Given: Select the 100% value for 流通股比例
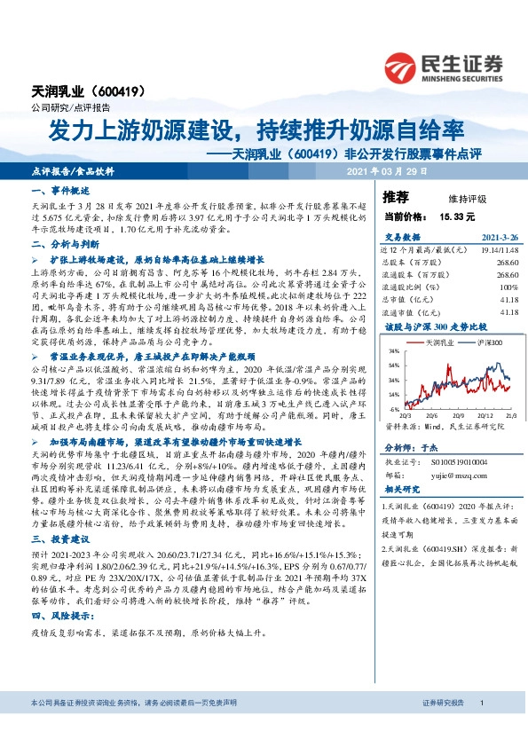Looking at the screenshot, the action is pos(508,287).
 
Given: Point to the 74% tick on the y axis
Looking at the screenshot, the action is pos(393,351).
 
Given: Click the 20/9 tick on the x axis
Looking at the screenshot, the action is pos(459,414).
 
